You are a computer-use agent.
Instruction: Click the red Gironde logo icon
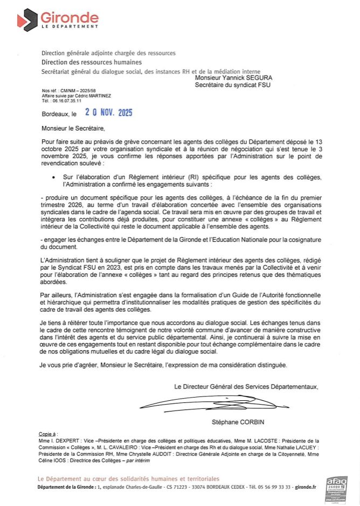pyautogui.click(x=25, y=20)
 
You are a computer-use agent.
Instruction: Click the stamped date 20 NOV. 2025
pyautogui.click(x=108, y=113)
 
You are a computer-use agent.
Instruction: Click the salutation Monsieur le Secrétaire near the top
pyautogui.click(x=73, y=129)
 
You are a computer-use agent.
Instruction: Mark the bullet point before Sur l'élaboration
pyautogui.click(x=53, y=177)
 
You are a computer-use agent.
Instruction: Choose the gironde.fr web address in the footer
pyautogui.click(x=305, y=487)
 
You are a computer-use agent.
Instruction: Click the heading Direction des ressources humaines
pyautogui.click(x=88, y=63)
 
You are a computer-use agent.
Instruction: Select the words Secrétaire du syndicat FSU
pyautogui.click(x=232, y=85)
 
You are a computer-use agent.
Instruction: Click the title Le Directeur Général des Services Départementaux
pyautogui.click(x=246, y=386)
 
